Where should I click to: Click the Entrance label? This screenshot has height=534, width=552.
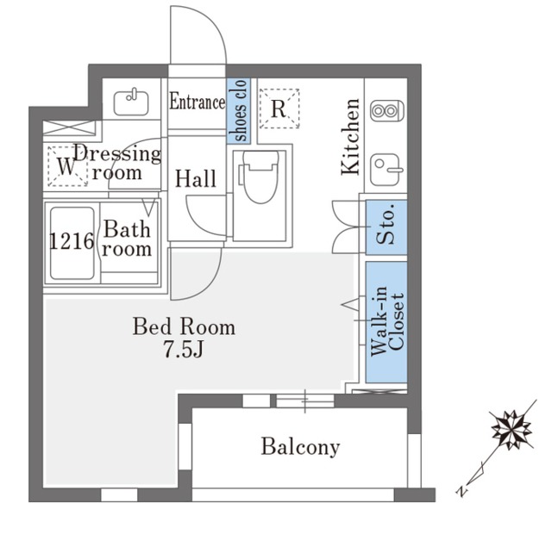198,102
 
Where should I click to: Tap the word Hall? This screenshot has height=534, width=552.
196,178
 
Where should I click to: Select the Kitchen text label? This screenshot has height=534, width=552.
351,137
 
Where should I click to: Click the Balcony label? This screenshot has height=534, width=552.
301,447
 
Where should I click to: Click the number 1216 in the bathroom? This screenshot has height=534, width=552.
72,241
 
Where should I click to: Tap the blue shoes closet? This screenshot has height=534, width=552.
238,110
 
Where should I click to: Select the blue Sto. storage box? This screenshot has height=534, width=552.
386,227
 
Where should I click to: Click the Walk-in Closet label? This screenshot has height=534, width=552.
387,321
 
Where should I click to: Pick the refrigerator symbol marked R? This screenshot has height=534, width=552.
279,109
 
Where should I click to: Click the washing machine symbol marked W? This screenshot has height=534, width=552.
67,166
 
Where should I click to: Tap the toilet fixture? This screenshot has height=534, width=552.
260,177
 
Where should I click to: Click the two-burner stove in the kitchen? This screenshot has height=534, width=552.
387,111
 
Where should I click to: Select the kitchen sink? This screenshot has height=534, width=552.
386,170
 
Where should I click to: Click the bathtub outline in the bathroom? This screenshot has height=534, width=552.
72,243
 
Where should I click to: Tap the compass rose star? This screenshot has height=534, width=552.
511,430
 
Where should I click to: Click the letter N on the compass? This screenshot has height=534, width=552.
461,490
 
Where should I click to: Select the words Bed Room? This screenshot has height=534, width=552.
184,326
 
